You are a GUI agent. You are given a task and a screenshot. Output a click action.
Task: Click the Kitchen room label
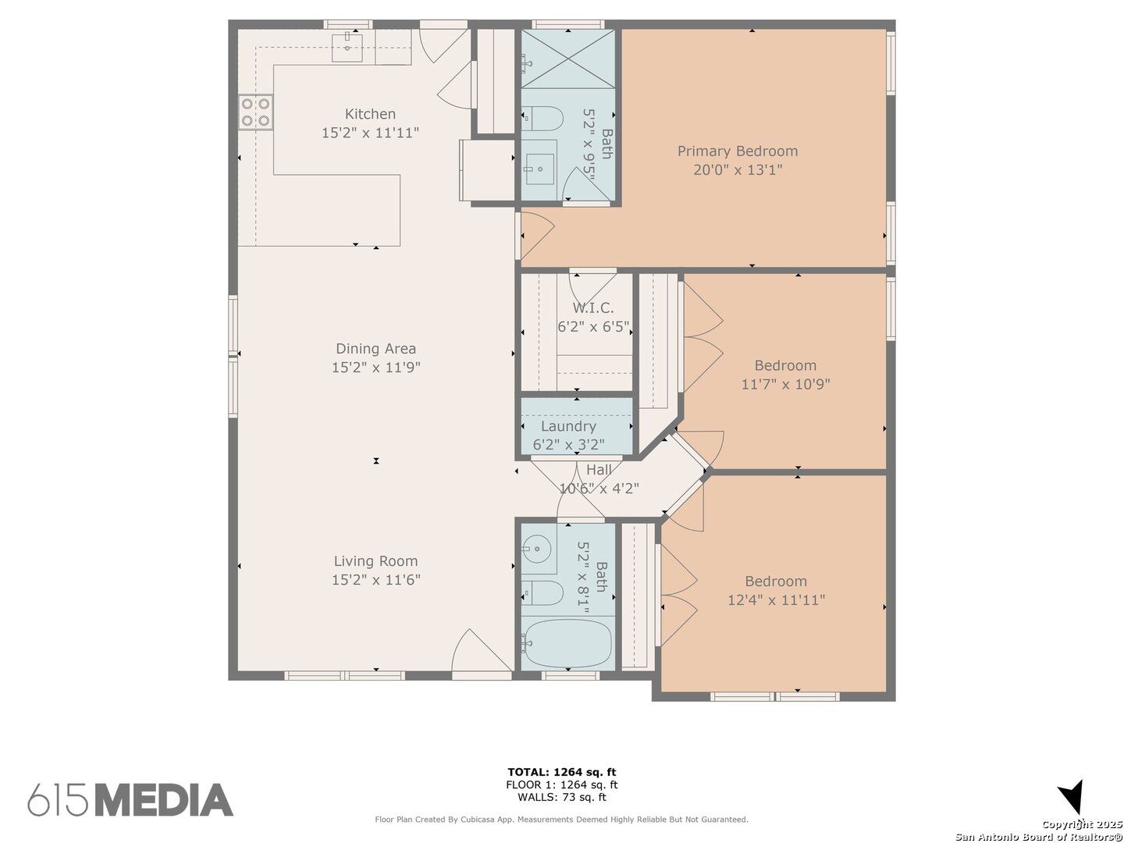tap(370, 114)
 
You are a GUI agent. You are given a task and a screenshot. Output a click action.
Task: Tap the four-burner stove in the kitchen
tap(255, 112)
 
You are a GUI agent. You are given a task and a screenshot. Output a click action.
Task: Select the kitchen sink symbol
tap(347, 48)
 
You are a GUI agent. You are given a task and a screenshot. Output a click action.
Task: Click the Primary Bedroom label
tap(738, 151)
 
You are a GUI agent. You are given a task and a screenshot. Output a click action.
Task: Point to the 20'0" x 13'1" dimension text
tap(738, 169)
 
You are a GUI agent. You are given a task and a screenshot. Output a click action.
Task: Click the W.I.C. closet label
tap(592, 308)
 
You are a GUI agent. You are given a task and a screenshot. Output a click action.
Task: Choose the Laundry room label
tap(568, 426)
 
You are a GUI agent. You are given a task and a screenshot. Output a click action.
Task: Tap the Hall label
tap(599, 469)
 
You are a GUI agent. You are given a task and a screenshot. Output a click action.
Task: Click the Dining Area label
tap(375, 349)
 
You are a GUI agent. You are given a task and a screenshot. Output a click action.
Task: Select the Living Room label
tap(375, 561)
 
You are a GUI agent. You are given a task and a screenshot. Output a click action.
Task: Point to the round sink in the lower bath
tap(539, 549)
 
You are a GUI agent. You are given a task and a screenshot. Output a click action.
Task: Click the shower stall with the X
tap(568, 59)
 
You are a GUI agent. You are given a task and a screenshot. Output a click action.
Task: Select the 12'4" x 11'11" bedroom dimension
tap(777, 600)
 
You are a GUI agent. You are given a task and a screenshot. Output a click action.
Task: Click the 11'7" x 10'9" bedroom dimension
tap(785, 384)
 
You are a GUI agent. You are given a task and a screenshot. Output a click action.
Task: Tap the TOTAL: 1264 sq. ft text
tap(562, 772)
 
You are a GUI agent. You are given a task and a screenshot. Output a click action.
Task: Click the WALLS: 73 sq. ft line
tap(562, 797)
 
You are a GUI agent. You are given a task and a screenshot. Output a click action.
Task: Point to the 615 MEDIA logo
tap(130, 799)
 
